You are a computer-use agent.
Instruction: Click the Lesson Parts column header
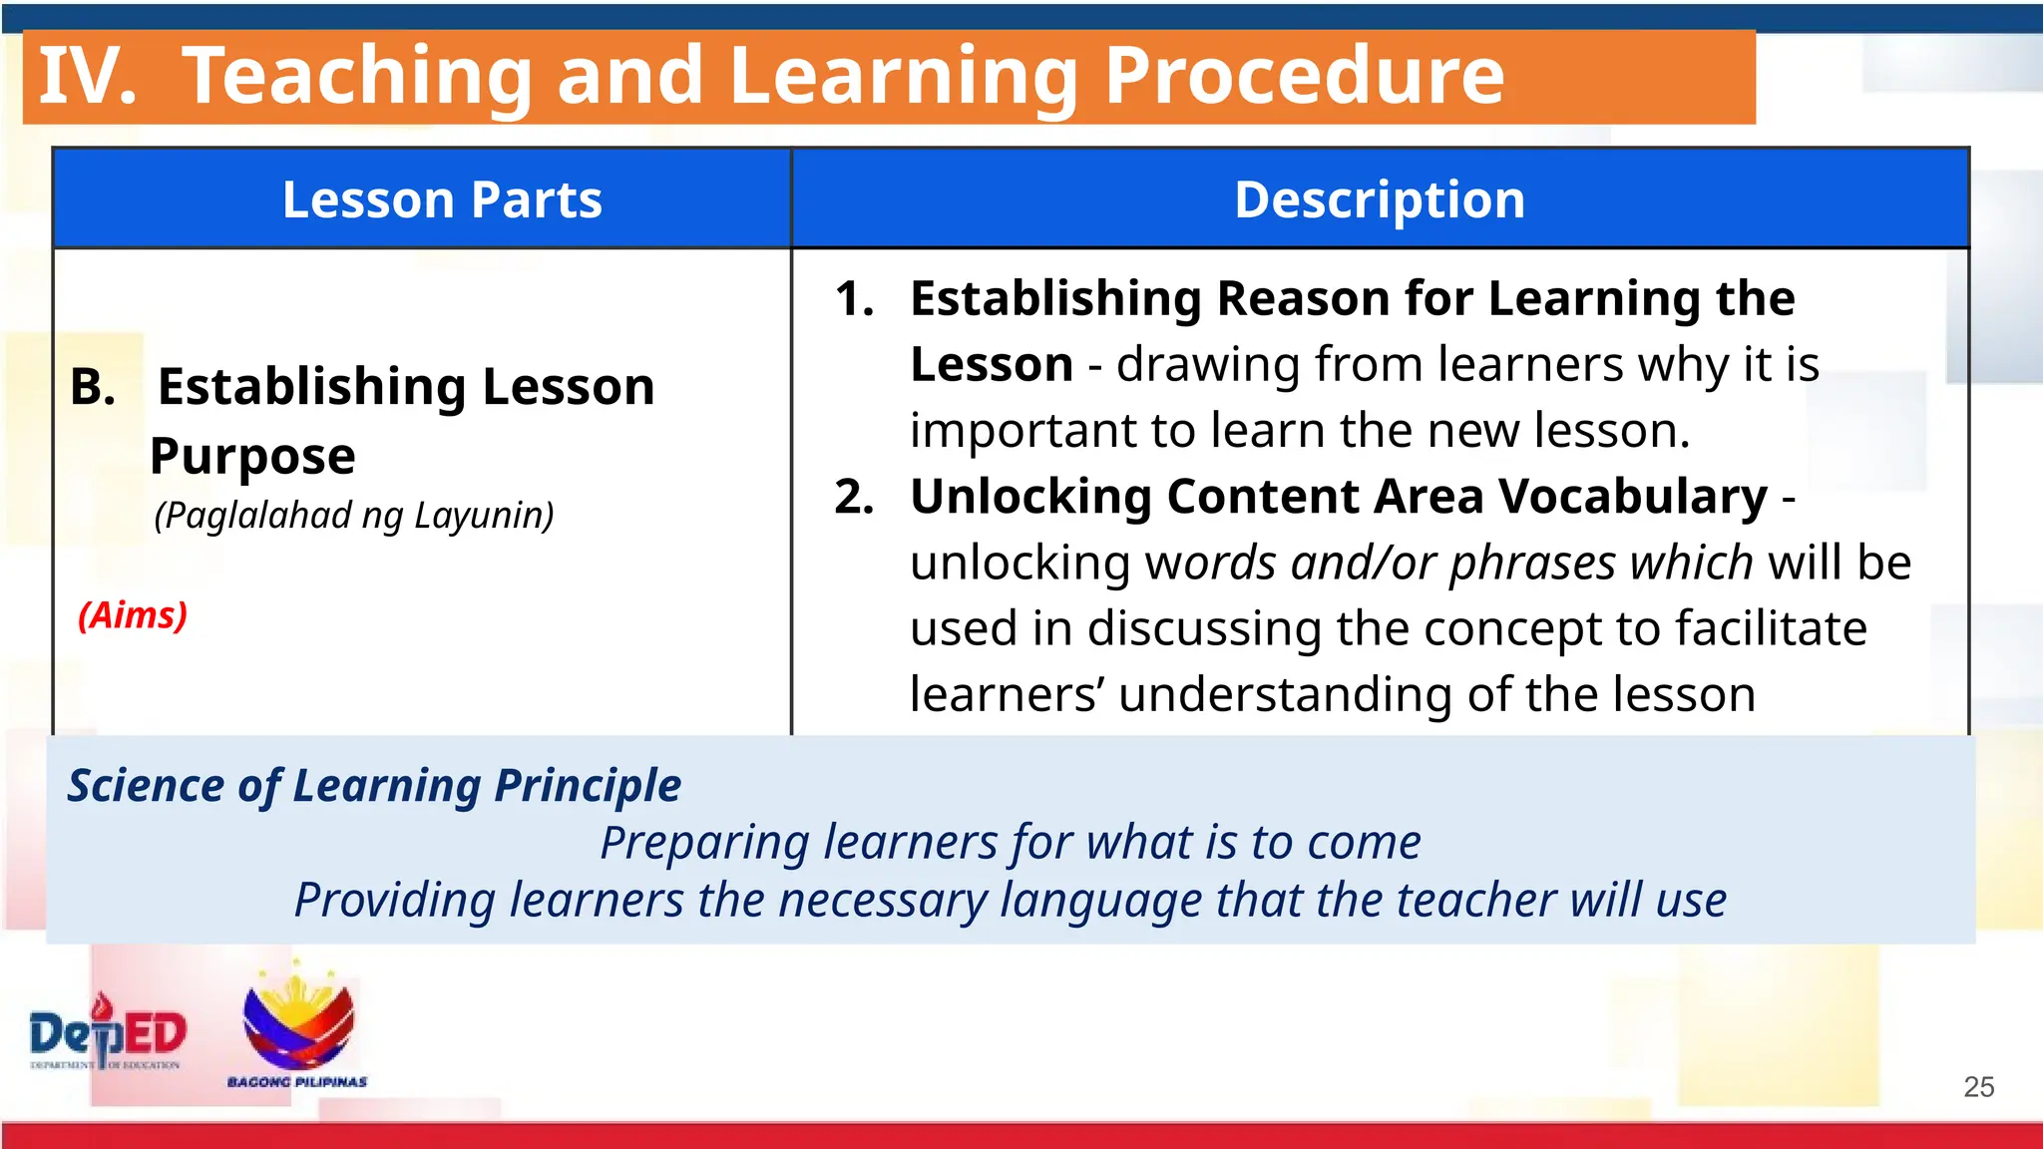coord(442,199)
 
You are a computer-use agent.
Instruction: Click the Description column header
coord(1380,199)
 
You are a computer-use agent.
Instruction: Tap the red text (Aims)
coord(133,615)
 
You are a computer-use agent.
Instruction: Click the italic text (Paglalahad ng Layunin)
coord(354,516)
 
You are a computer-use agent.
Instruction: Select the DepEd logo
coord(107,1033)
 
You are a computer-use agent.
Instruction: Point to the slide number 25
coord(1978,1087)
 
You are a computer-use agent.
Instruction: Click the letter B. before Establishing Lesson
coord(93,387)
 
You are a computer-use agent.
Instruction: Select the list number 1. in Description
coord(855,299)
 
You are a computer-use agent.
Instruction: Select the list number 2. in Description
coord(855,497)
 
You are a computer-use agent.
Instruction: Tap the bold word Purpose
coord(252,457)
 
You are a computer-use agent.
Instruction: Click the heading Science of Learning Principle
coord(374,786)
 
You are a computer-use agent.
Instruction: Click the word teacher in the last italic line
coord(1475,901)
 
